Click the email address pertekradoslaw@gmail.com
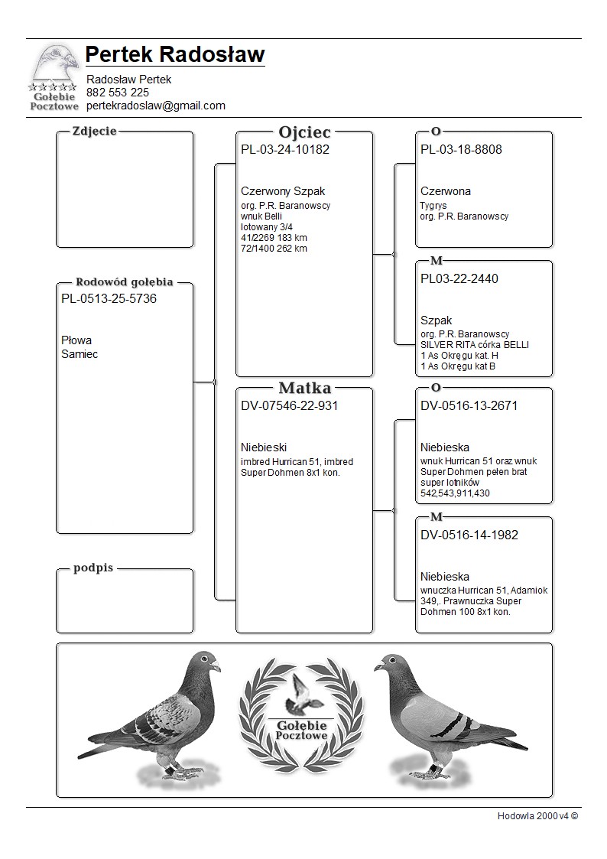click(155, 106)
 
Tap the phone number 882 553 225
click(118, 93)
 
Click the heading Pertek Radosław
click(175, 54)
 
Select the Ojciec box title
click(304, 132)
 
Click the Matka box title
click(304, 388)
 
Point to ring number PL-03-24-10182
click(285, 150)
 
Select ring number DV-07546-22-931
click(289, 406)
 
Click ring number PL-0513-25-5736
click(109, 299)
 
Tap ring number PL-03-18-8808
click(461, 150)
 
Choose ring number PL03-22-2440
click(459, 279)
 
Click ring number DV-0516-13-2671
click(469, 406)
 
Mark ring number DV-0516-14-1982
click(469, 535)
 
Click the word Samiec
click(80, 354)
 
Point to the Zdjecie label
click(94, 131)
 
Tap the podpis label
click(93, 568)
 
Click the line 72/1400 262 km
click(274, 249)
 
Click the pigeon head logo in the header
click(55, 64)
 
